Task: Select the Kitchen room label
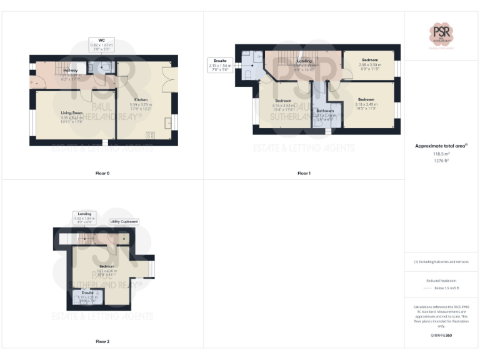(x=141, y=100)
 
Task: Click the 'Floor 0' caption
(x=102, y=172)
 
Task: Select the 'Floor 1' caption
(x=304, y=172)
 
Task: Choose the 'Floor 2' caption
(x=102, y=341)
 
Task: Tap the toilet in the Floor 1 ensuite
(x=248, y=74)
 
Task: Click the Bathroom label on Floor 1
(x=325, y=111)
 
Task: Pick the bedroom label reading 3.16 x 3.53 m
(x=283, y=103)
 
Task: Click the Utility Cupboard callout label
(x=124, y=221)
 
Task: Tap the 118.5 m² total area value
(x=441, y=153)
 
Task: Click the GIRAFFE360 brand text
(x=441, y=336)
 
